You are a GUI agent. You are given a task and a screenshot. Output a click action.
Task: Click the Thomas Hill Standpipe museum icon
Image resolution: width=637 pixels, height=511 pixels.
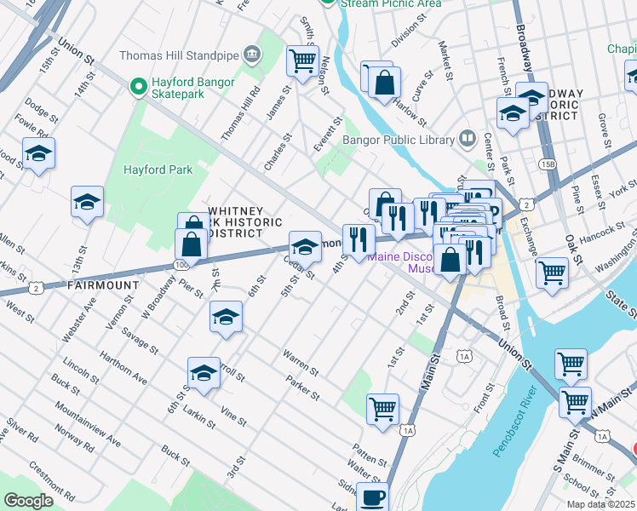click(252, 55)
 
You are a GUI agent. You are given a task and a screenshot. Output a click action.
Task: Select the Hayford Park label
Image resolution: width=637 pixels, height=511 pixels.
click(158, 169)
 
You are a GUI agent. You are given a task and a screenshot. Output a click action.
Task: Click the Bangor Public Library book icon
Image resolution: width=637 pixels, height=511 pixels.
click(467, 137)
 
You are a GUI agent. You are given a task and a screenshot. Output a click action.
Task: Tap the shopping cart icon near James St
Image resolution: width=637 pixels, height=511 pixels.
click(302, 60)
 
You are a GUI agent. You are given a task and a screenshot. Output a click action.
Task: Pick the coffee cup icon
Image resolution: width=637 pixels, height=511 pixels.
click(371, 497)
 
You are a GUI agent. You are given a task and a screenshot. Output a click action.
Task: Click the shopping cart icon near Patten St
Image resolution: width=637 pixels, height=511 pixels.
click(382, 408)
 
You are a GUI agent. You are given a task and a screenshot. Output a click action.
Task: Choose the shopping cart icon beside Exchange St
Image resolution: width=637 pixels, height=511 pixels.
click(552, 273)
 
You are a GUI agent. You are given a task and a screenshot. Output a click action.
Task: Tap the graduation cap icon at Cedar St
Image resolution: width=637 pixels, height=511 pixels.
click(305, 246)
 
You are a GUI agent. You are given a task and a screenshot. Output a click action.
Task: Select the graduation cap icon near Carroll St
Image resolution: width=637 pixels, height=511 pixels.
click(204, 372)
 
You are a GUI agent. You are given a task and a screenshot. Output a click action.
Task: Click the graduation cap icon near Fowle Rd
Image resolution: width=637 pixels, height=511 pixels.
click(38, 153)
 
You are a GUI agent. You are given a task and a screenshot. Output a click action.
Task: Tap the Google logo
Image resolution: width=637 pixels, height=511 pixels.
click(28, 501)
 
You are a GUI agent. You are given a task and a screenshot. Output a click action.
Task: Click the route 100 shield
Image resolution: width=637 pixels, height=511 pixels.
click(181, 265)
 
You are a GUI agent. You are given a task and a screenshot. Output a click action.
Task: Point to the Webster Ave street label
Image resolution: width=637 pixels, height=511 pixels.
click(72, 317)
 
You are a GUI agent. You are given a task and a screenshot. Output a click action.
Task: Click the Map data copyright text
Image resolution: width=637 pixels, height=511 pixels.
click(600, 504)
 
